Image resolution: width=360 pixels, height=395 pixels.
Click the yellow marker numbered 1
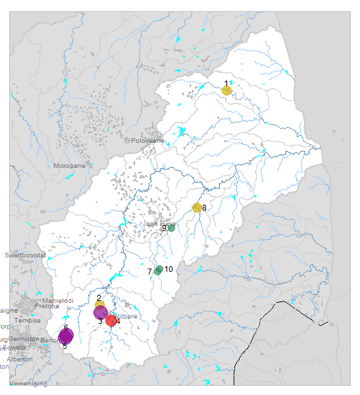[226, 90]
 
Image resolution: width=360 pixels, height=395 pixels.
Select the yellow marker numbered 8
[197, 208]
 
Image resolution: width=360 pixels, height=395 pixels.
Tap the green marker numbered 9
[171, 228]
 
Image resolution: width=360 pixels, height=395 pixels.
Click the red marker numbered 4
[111, 321]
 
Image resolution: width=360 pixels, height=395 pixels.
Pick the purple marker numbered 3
[101, 313]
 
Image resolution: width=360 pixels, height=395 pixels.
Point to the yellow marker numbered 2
[99, 305]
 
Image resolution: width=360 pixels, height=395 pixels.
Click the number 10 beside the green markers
[168, 269]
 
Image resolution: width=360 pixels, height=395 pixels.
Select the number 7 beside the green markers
[150, 272]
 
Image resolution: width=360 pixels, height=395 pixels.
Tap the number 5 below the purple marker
[64, 346]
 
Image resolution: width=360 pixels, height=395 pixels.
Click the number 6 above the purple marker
[66, 327]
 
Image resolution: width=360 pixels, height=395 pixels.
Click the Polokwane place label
[147, 140]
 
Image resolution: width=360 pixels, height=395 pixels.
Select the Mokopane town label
[69, 166]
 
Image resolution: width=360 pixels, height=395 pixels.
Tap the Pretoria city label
[47, 306]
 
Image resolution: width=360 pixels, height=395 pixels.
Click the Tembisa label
[27, 320]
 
